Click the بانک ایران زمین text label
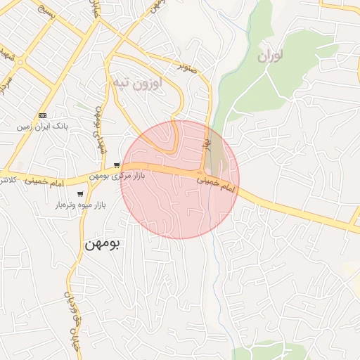[x=44, y=127]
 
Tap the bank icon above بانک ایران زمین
[x=43, y=115]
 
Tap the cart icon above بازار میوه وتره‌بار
[x=81, y=194]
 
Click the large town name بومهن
[x=103, y=244]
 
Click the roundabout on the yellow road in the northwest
[x=20, y=62]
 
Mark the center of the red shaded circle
[x=180, y=180]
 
